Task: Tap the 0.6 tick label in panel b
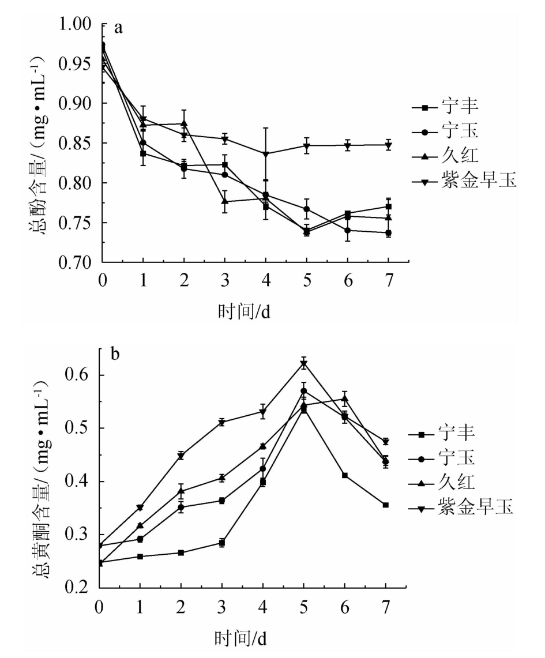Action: point(81,375)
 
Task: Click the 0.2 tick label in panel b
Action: point(81,588)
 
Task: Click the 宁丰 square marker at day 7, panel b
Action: point(385,505)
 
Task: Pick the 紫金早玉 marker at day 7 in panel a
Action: point(389,145)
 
